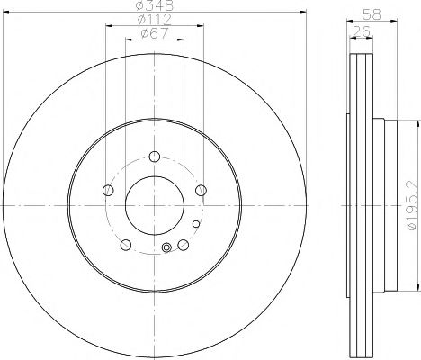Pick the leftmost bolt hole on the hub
tap(108, 190)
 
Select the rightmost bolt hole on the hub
tap(202, 190)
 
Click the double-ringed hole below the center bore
tap(166, 248)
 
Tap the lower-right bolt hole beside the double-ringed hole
tap(184, 245)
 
